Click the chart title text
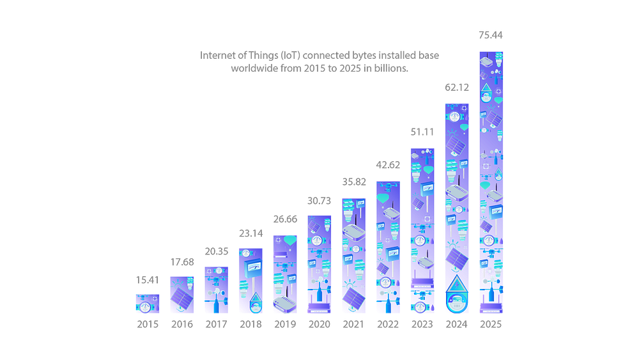click(x=319, y=61)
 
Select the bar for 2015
click(x=147, y=303)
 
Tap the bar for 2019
click(x=284, y=275)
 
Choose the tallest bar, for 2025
click(x=491, y=182)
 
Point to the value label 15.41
click(x=147, y=279)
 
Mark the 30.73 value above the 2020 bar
click(x=319, y=201)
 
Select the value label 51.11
click(x=422, y=132)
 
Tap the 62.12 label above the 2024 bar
click(x=457, y=86)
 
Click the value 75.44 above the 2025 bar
click(x=491, y=35)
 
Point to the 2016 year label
click(x=181, y=325)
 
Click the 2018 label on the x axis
click(x=250, y=325)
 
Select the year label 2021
click(x=353, y=325)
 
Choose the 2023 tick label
click(x=422, y=325)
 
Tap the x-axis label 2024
click(x=457, y=325)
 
